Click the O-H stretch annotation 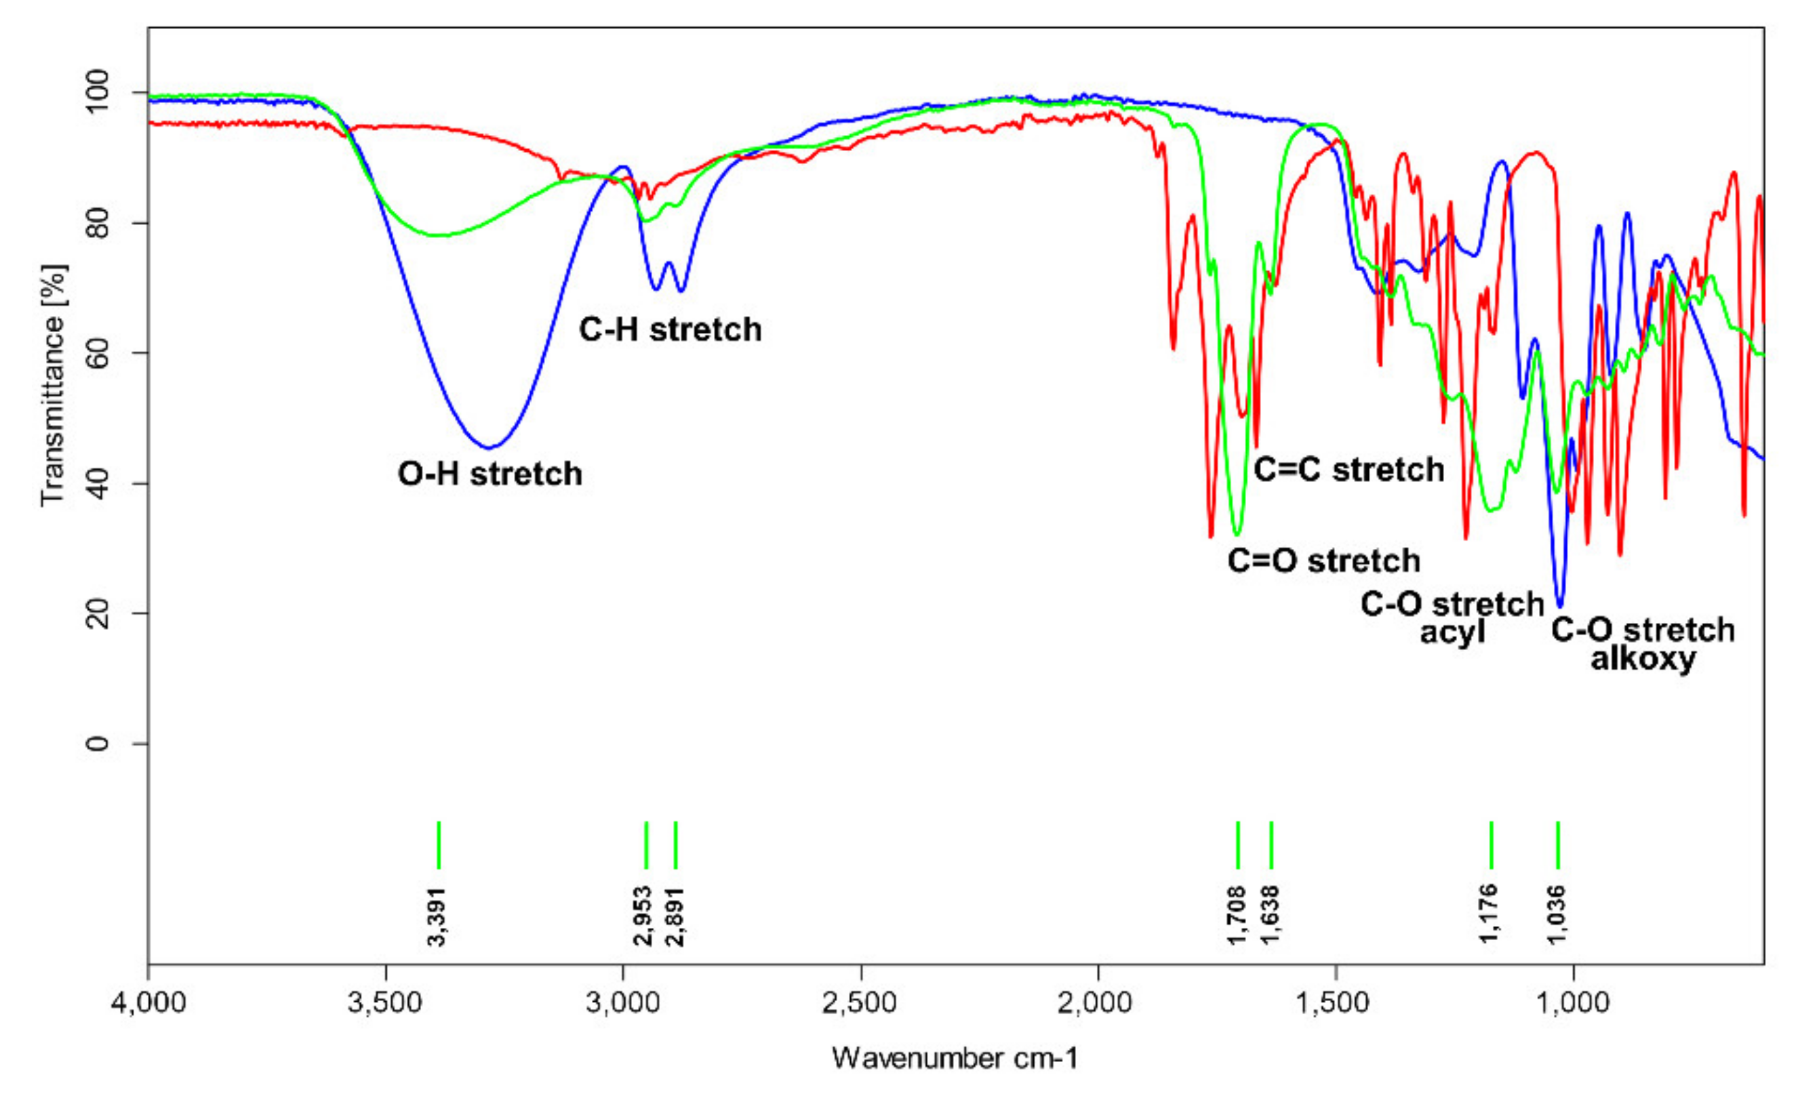[x=490, y=474]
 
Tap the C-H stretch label [x=670, y=330]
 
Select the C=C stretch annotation [x=1348, y=470]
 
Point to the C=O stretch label [x=1323, y=561]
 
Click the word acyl [x=1452, y=632]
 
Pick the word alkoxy [x=1643, y=659]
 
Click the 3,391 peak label [x=437, y=916]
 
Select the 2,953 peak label [x=644, y=916]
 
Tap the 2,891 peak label [x=676, y=916]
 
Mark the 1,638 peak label [x=1271, y=916]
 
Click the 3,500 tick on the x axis [x=385, y=1003]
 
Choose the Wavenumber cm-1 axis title [x=955, y=1059]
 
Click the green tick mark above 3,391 [x=439, y=845]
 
